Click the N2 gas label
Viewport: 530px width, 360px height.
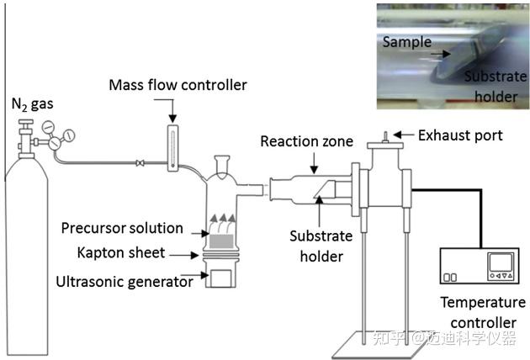pos(33,104)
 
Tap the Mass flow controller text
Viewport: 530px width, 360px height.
pos(178,85)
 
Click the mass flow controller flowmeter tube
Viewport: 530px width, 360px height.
pos(172,148)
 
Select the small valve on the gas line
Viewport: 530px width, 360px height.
pos(140,163)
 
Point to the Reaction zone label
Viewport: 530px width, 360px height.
pos(306,141)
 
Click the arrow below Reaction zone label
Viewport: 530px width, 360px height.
pos(315,163)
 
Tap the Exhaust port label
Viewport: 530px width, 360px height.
pos(460,135)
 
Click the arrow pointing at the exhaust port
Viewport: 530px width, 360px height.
pos(404,135)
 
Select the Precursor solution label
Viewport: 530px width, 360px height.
pos(122,228)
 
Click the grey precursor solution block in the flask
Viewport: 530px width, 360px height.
pos(221,241)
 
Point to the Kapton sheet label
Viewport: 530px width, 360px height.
pos(121,253)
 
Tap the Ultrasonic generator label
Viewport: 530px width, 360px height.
pos(125,282)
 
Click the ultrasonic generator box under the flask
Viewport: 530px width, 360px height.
pos(221,278)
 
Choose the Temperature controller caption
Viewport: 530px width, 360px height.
pos(483,312)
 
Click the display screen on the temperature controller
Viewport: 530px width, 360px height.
pos(501,262)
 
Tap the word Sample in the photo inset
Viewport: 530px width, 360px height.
pos(407,42)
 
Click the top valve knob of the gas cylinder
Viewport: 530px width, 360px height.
pos(26,122)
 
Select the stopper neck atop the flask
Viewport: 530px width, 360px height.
pos(222,164)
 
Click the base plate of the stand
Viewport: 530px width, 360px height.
pos(377,345)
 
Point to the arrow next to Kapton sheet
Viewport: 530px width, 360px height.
pos(184,255)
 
